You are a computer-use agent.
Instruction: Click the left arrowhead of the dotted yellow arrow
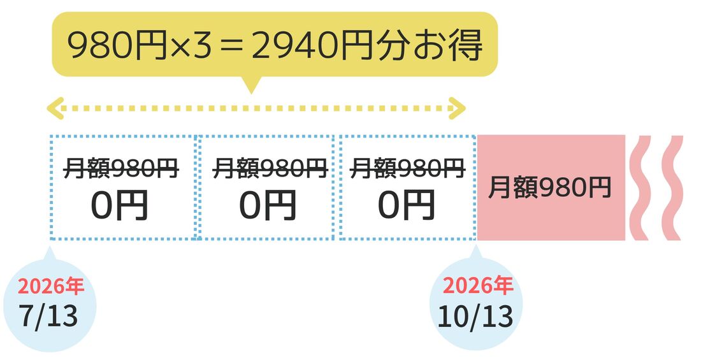click(x=55, y=108)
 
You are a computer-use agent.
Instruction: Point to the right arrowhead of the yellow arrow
click(x=458, y=108)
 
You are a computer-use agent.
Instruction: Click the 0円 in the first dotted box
click(x=119, y=205)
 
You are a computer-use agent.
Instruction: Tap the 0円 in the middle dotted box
click(x=268, y=205)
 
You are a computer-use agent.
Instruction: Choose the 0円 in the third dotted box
click(x=406, y=205)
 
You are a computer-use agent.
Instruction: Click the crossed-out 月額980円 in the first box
click(x=121, y=169)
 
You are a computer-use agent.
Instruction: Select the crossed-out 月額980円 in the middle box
click(x=270, y=169)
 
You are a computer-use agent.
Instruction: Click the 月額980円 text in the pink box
click(x=549, y=188)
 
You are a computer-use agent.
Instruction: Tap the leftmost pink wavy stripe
click(x=640, y=188)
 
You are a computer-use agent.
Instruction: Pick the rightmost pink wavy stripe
click(x=672, y=188)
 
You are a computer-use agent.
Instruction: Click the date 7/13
click(x=48, y=316)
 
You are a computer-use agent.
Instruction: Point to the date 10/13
click(x=475, y=317)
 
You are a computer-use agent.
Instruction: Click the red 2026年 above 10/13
click(x=477, y=286)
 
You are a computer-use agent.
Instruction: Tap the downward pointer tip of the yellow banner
click(x=252, y=93)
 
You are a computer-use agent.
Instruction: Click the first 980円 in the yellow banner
click(x=118, y=46)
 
